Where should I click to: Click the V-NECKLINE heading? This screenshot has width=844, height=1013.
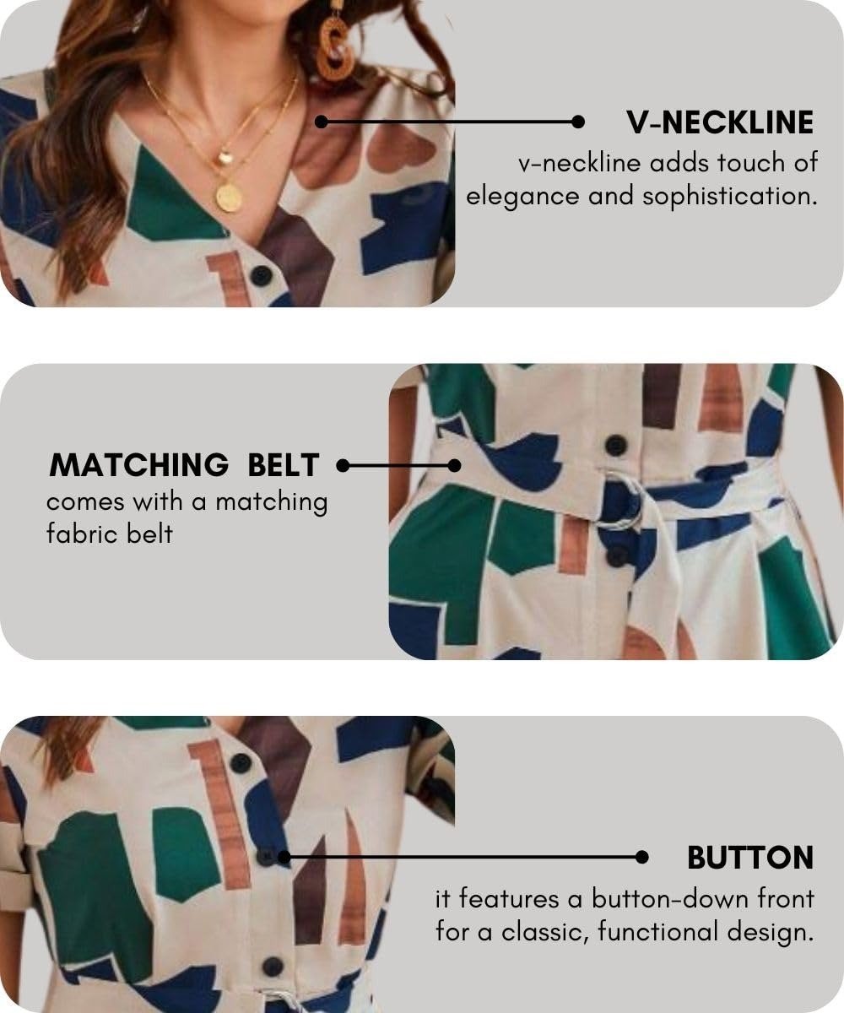tap(720, 122)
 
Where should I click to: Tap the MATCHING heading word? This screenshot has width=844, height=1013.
tap(138, 465)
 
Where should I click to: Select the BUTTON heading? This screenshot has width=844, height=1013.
tap(750, 859)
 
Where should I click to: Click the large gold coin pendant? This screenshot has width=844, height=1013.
tap(229, 197)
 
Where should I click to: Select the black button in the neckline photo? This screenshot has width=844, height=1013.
tap(261, 275)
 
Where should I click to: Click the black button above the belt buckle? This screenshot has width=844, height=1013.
tap(615, 446)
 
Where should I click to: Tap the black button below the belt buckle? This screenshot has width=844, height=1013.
tap(616, 557)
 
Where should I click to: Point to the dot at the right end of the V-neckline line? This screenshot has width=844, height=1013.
tap(577, 122)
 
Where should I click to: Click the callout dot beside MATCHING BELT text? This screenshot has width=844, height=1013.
tap(343, 466)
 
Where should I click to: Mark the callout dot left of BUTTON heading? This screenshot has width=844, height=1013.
tap(641, 858)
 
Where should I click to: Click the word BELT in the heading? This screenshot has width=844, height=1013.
tap(284, 465)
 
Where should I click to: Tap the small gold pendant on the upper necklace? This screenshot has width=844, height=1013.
tap(225, 157)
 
